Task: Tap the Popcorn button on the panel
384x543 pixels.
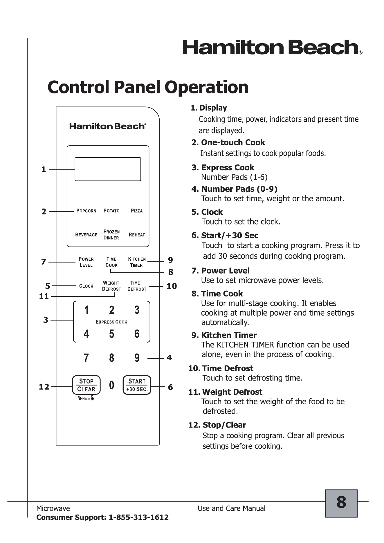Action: pyautogui.click(x=86, y=211)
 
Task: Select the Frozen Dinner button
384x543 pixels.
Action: pyautogui.click(x=111, y=235)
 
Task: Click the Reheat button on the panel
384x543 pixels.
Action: pyautogui.click(x=137, y=235)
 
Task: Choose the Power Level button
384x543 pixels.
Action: pyautogui.click(x=86, y=262)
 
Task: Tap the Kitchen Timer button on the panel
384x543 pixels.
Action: pyautogui.click(x=137, y=262)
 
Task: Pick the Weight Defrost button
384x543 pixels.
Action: pyautogui.click(x=111, y=286)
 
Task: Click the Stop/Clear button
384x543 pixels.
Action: pyautogui.click(x=86, y=385)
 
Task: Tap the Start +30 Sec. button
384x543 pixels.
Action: pyautogui.click(x=137, y=385)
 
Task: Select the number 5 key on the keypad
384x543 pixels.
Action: pyautogui.click(x=111, y=334)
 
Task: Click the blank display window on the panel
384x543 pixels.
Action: pyautogui.click(x=108, y=169)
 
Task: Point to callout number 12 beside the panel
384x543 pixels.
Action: pyautogui.click(x=44, y=387)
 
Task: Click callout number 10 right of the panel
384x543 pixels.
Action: pyautogui.click(x=172, y=286)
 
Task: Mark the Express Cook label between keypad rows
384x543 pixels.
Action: pyautogui.click(x=111, y=322)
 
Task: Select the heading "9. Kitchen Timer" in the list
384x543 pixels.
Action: pyautogui.click(x=224, y=335)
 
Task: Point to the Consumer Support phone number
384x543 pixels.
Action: pyautogui.click(x=138, y=517)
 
